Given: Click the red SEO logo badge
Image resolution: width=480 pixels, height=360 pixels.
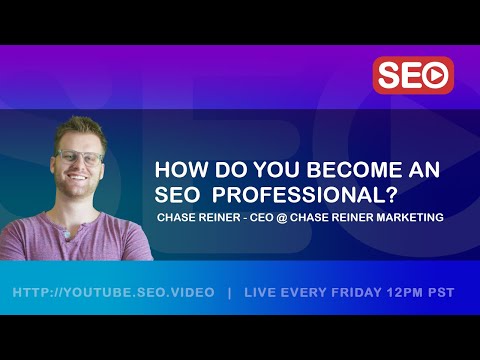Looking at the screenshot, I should pyautogui.click(x=413, y=75).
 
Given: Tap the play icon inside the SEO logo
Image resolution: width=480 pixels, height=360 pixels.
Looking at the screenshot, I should pyautogui.click(x=436, y=75).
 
